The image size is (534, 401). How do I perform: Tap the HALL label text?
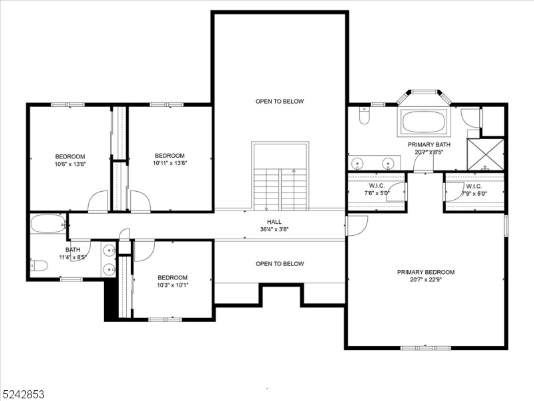coord(274,222)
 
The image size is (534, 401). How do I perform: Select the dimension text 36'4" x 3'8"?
coord(274,229)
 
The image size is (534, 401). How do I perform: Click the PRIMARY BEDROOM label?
coord(426,272)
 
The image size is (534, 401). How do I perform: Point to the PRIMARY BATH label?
coord(429,144)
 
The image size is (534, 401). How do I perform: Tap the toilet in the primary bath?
coord(364,118)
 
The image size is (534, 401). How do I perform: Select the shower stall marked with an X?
coord(485,154)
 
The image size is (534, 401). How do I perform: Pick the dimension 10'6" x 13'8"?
coord(70,163)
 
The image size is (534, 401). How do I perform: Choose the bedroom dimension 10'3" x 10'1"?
coord(172,285)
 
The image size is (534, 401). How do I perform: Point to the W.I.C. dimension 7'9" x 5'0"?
coord(474,194)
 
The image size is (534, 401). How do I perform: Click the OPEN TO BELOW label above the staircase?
coord(280,102)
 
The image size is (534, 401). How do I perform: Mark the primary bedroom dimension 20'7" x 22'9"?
coord(426,280)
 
